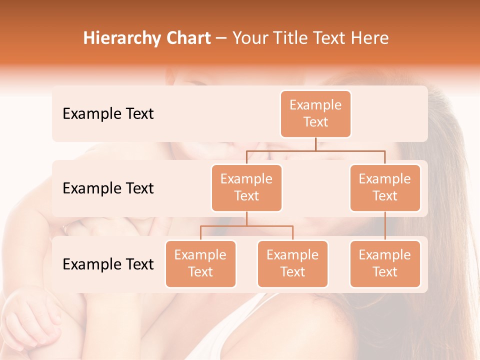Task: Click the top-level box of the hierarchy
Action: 315,113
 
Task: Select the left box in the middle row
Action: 246,187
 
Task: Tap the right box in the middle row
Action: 385,187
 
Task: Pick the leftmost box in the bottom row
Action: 200,263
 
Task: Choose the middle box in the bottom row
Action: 292,263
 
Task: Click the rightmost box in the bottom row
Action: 385,263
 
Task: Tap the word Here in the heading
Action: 370,38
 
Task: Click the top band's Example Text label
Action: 108,114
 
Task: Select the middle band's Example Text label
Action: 108,188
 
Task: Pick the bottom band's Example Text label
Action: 108,264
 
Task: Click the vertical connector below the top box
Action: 315,144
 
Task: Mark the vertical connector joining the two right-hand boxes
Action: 385,226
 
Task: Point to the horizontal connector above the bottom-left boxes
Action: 246,226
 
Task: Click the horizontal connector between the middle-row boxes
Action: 315,150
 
